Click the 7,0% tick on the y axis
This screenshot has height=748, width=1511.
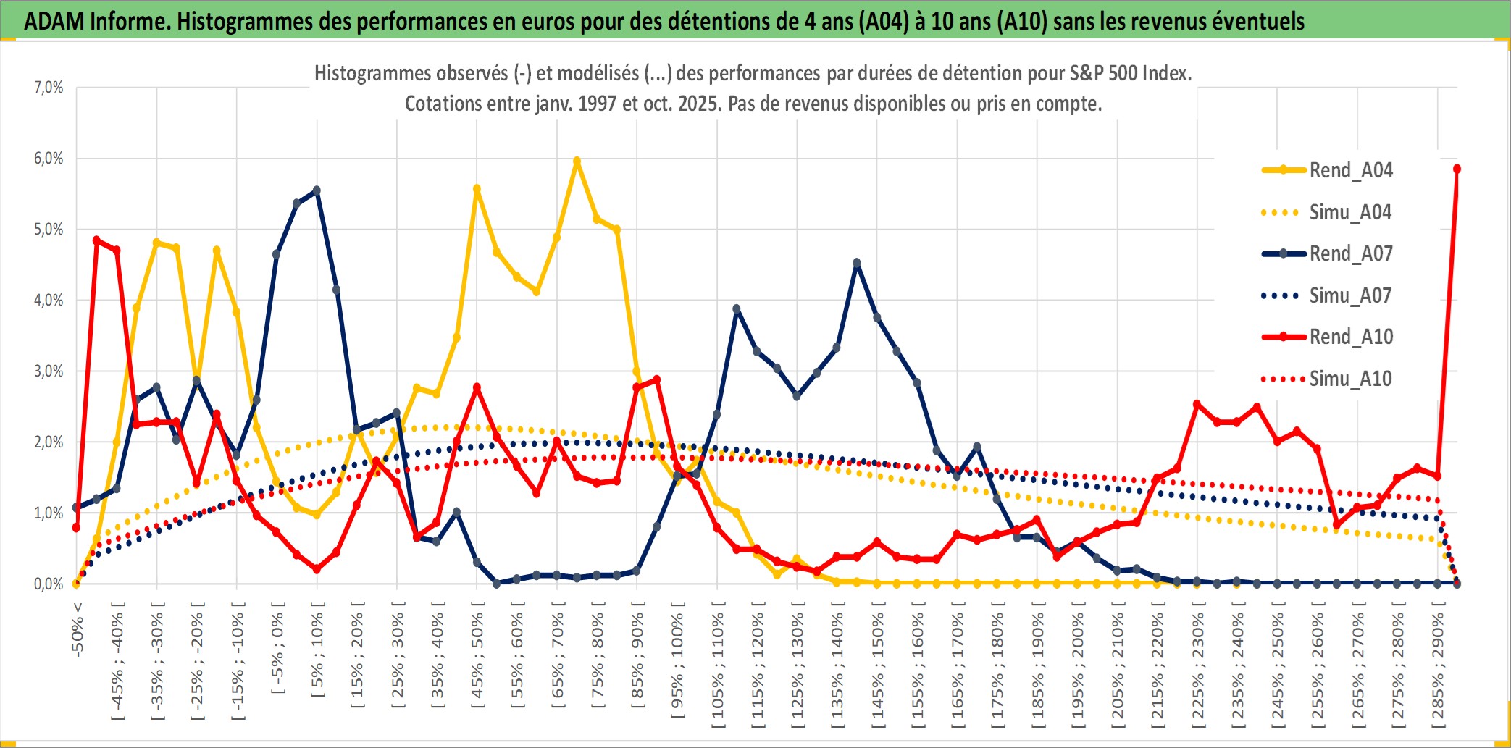(49, 88)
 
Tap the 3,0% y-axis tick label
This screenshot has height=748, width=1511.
(49, 371)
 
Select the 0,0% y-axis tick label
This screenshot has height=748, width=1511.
(49, 584)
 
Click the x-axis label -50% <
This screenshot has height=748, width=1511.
(78, 630)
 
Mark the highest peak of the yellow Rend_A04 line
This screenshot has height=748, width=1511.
(577, 161)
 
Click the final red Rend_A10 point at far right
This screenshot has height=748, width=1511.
(1457, 169)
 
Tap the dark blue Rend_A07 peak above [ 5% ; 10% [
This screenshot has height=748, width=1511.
(317, 190)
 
